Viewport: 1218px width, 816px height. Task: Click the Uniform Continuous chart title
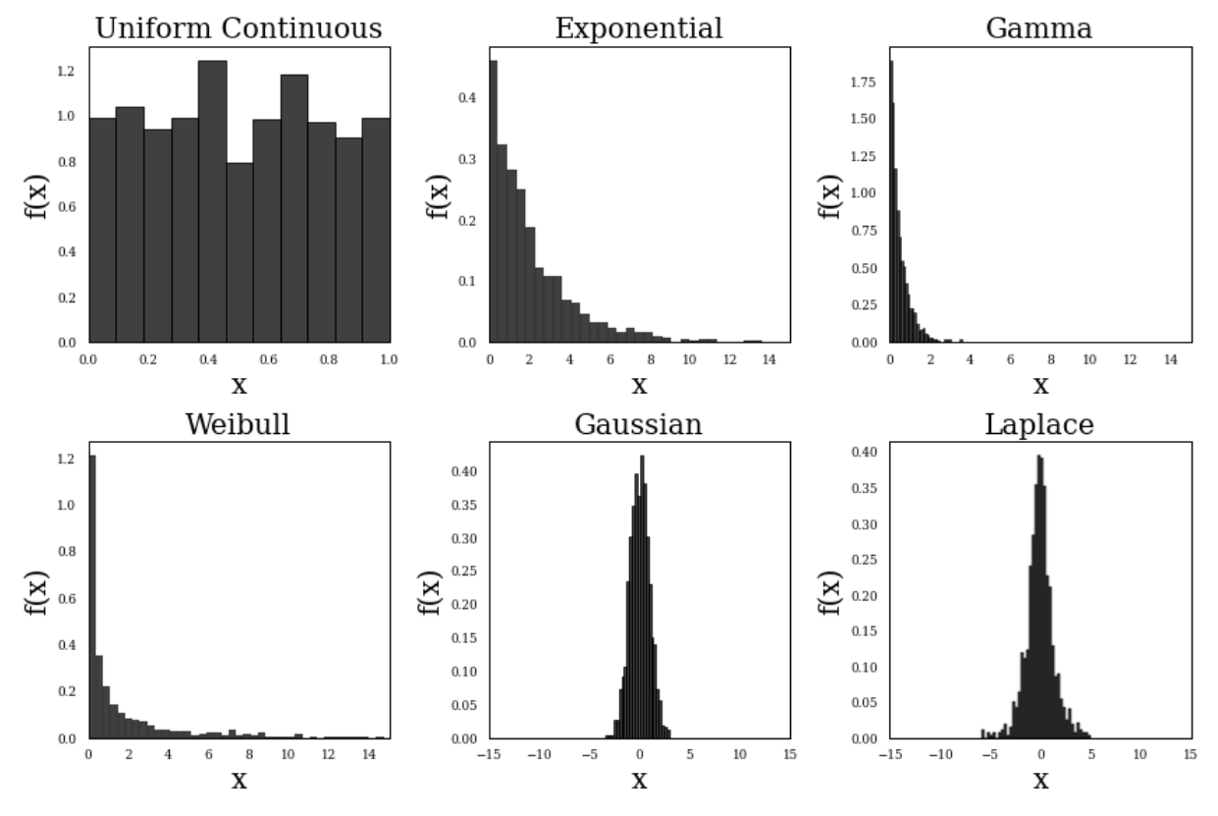[238, 28]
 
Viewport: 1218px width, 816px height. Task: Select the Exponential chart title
[639, 28]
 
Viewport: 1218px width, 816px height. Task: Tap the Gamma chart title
[1038, 28]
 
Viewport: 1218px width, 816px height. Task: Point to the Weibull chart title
[238, 425]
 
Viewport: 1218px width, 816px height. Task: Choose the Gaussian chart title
[639, 425]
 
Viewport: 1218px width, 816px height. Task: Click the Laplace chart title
[1039, 425]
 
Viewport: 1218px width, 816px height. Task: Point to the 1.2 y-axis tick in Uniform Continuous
[66, 72]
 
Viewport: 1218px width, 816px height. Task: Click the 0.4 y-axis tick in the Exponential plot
[468, 98]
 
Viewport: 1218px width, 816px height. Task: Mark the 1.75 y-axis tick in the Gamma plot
[864, 83]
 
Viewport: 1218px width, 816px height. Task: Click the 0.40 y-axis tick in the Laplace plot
[864, 453]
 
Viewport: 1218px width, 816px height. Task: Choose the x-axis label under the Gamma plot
[1040, 386]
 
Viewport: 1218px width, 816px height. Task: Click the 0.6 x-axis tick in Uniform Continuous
[269, 359]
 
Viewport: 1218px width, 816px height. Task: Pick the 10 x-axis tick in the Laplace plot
[1140, 754]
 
